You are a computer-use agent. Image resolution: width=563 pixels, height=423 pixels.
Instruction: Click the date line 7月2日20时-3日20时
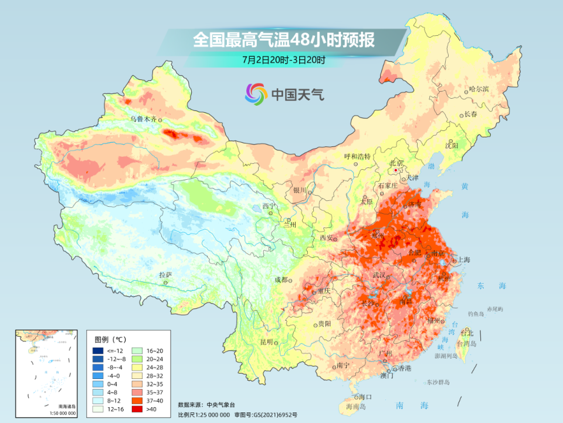tap(283, 59)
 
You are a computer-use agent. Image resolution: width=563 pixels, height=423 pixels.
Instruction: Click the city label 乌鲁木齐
tap(144, 119)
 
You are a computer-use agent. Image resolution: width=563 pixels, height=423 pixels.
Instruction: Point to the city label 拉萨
tap(165, 274)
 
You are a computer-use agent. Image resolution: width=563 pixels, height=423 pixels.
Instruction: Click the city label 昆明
tap(267, 342)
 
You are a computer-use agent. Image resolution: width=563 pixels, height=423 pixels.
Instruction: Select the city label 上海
tap(463, 259)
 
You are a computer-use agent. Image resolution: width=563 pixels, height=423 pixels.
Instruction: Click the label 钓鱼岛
tap(476, 314)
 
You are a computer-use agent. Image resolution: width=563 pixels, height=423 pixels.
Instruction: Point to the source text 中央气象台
tap(220, 405)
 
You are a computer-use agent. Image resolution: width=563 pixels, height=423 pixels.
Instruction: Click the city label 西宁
tap(269, 206)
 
